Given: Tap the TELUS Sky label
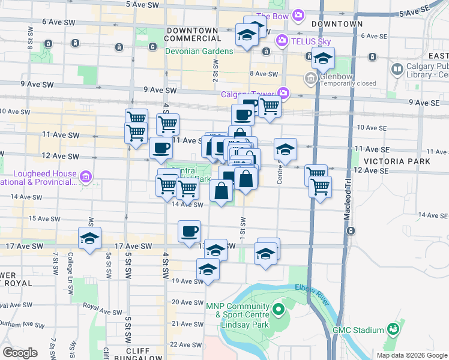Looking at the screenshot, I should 311,41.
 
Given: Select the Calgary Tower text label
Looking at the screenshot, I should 246,94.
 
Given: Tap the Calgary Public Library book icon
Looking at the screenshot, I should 397,70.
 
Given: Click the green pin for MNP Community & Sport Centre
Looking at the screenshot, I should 278,310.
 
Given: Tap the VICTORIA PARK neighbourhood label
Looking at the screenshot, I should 396,161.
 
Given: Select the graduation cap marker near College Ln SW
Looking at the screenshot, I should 89,239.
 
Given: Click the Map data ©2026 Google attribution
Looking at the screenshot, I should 412,355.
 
